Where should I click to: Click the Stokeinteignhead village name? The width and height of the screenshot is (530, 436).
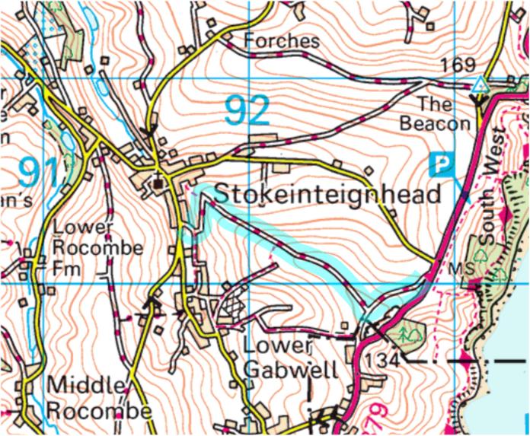tap(328, 195)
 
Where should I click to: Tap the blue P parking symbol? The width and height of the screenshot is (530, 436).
tap(440, 163)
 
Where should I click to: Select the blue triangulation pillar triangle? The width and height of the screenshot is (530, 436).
tap(480, 83)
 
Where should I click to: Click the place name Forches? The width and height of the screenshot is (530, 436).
tap(281, 40)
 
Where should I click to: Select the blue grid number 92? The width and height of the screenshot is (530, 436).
tap(247, 111)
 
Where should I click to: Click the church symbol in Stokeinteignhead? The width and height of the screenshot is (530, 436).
tap(158, 183)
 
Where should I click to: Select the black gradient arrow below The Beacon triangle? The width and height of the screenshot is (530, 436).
tap(480, 99)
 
